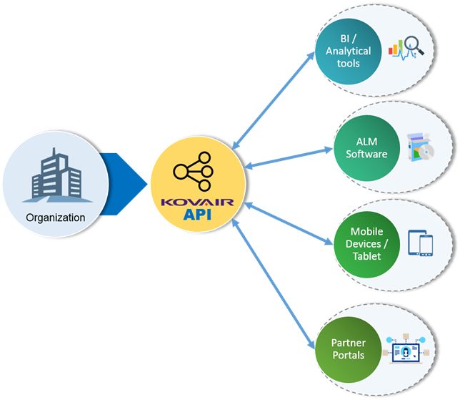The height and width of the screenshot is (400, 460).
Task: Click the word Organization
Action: pos(55,218)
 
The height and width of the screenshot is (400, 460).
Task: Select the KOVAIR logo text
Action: pos(199,203)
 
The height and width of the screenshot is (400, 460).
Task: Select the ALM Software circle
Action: pos(366,148)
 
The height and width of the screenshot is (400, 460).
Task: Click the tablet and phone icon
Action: pos(420,243)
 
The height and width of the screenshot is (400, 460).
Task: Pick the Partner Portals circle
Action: pos(349,349)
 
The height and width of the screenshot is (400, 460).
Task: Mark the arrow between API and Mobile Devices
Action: pos(289,224)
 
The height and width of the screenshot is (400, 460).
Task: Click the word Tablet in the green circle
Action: pos(366,256)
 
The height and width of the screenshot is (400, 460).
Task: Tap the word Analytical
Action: pos(349,51)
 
